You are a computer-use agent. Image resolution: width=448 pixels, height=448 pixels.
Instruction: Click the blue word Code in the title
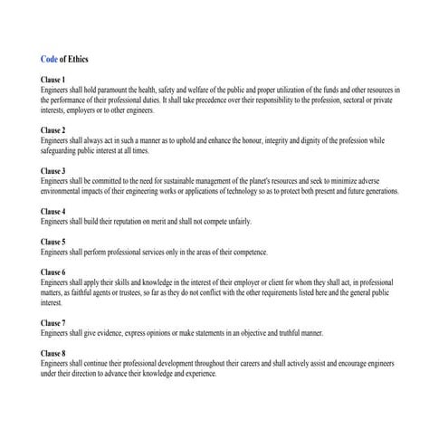(x=49, y=59)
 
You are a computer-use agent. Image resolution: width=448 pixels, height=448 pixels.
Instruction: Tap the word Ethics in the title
(x=78, y=59)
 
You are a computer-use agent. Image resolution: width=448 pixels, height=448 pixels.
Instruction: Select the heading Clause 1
(x=52, y=81)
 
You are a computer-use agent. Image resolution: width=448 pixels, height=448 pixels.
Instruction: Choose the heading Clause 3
(x=52, y=171)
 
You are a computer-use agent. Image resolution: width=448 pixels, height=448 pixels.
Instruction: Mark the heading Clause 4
(x=52, y=212)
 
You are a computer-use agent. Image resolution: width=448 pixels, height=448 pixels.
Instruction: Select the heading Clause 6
(x=52, y=272)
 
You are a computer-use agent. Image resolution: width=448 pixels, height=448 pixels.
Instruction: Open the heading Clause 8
(x=52, y=353)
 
